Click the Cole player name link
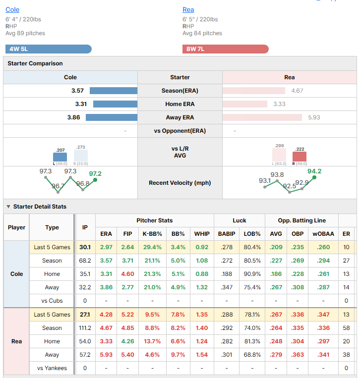tap(12, 9)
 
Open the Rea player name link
tap(188, 9)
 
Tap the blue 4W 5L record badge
tap(49, 49)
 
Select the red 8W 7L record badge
tap(225, 49)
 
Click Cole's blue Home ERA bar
tap(116, 104)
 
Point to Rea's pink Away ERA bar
tap(262, 117)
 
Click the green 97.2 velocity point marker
tap(95, 180)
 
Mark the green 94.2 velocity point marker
tap(314, 177)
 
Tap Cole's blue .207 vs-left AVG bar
tap(60, 157)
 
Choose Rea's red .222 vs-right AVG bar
tap(300, 157)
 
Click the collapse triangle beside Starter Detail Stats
tap(8, 207)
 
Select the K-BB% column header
tap(152, 234)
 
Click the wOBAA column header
tap(323, 234)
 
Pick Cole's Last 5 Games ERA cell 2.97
tap(106, 247)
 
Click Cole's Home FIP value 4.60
tap(127, 274)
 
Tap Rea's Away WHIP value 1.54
tap(202, 355)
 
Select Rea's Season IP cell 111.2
tap(85, 328)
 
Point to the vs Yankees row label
tap(52, 368)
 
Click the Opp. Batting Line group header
tap(302, 220)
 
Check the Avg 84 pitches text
tap(202, 33)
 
